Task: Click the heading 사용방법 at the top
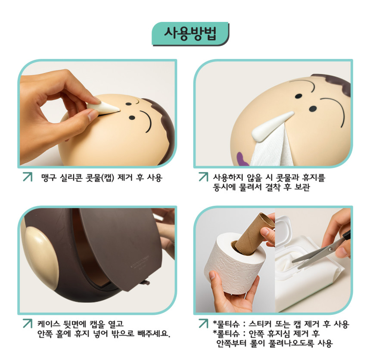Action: [190, 33]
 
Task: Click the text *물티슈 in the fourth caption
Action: [225, 323]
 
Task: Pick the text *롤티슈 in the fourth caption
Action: [225, 333]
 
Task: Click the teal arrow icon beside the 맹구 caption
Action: [27, 177]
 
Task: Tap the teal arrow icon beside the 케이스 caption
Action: [27, 323]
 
